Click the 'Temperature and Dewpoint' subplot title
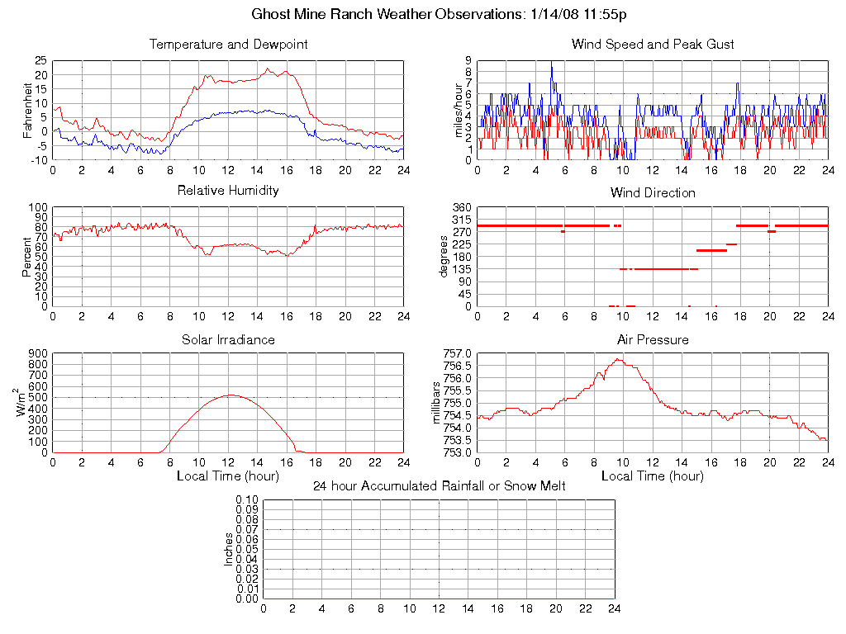(x=228, y=45)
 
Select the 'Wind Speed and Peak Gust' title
(x=653, y=45)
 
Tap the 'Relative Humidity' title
(x=228, y=191)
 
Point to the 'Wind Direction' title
(x=653, y=193)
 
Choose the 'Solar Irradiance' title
(x=228, y=339)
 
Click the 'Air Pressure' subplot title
(x=653, y=339)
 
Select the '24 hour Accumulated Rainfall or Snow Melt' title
(x=439, y=486)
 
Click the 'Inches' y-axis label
(x=229, y=549)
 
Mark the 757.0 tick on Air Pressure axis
(x=460, y=353)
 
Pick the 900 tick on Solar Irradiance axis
(x=37, y=353)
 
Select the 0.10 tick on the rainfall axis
(x=247, y=500)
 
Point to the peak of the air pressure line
(x=618, y=359)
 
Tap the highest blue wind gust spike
(x=551, y=63)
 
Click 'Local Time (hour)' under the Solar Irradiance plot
(x=228, y=476)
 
